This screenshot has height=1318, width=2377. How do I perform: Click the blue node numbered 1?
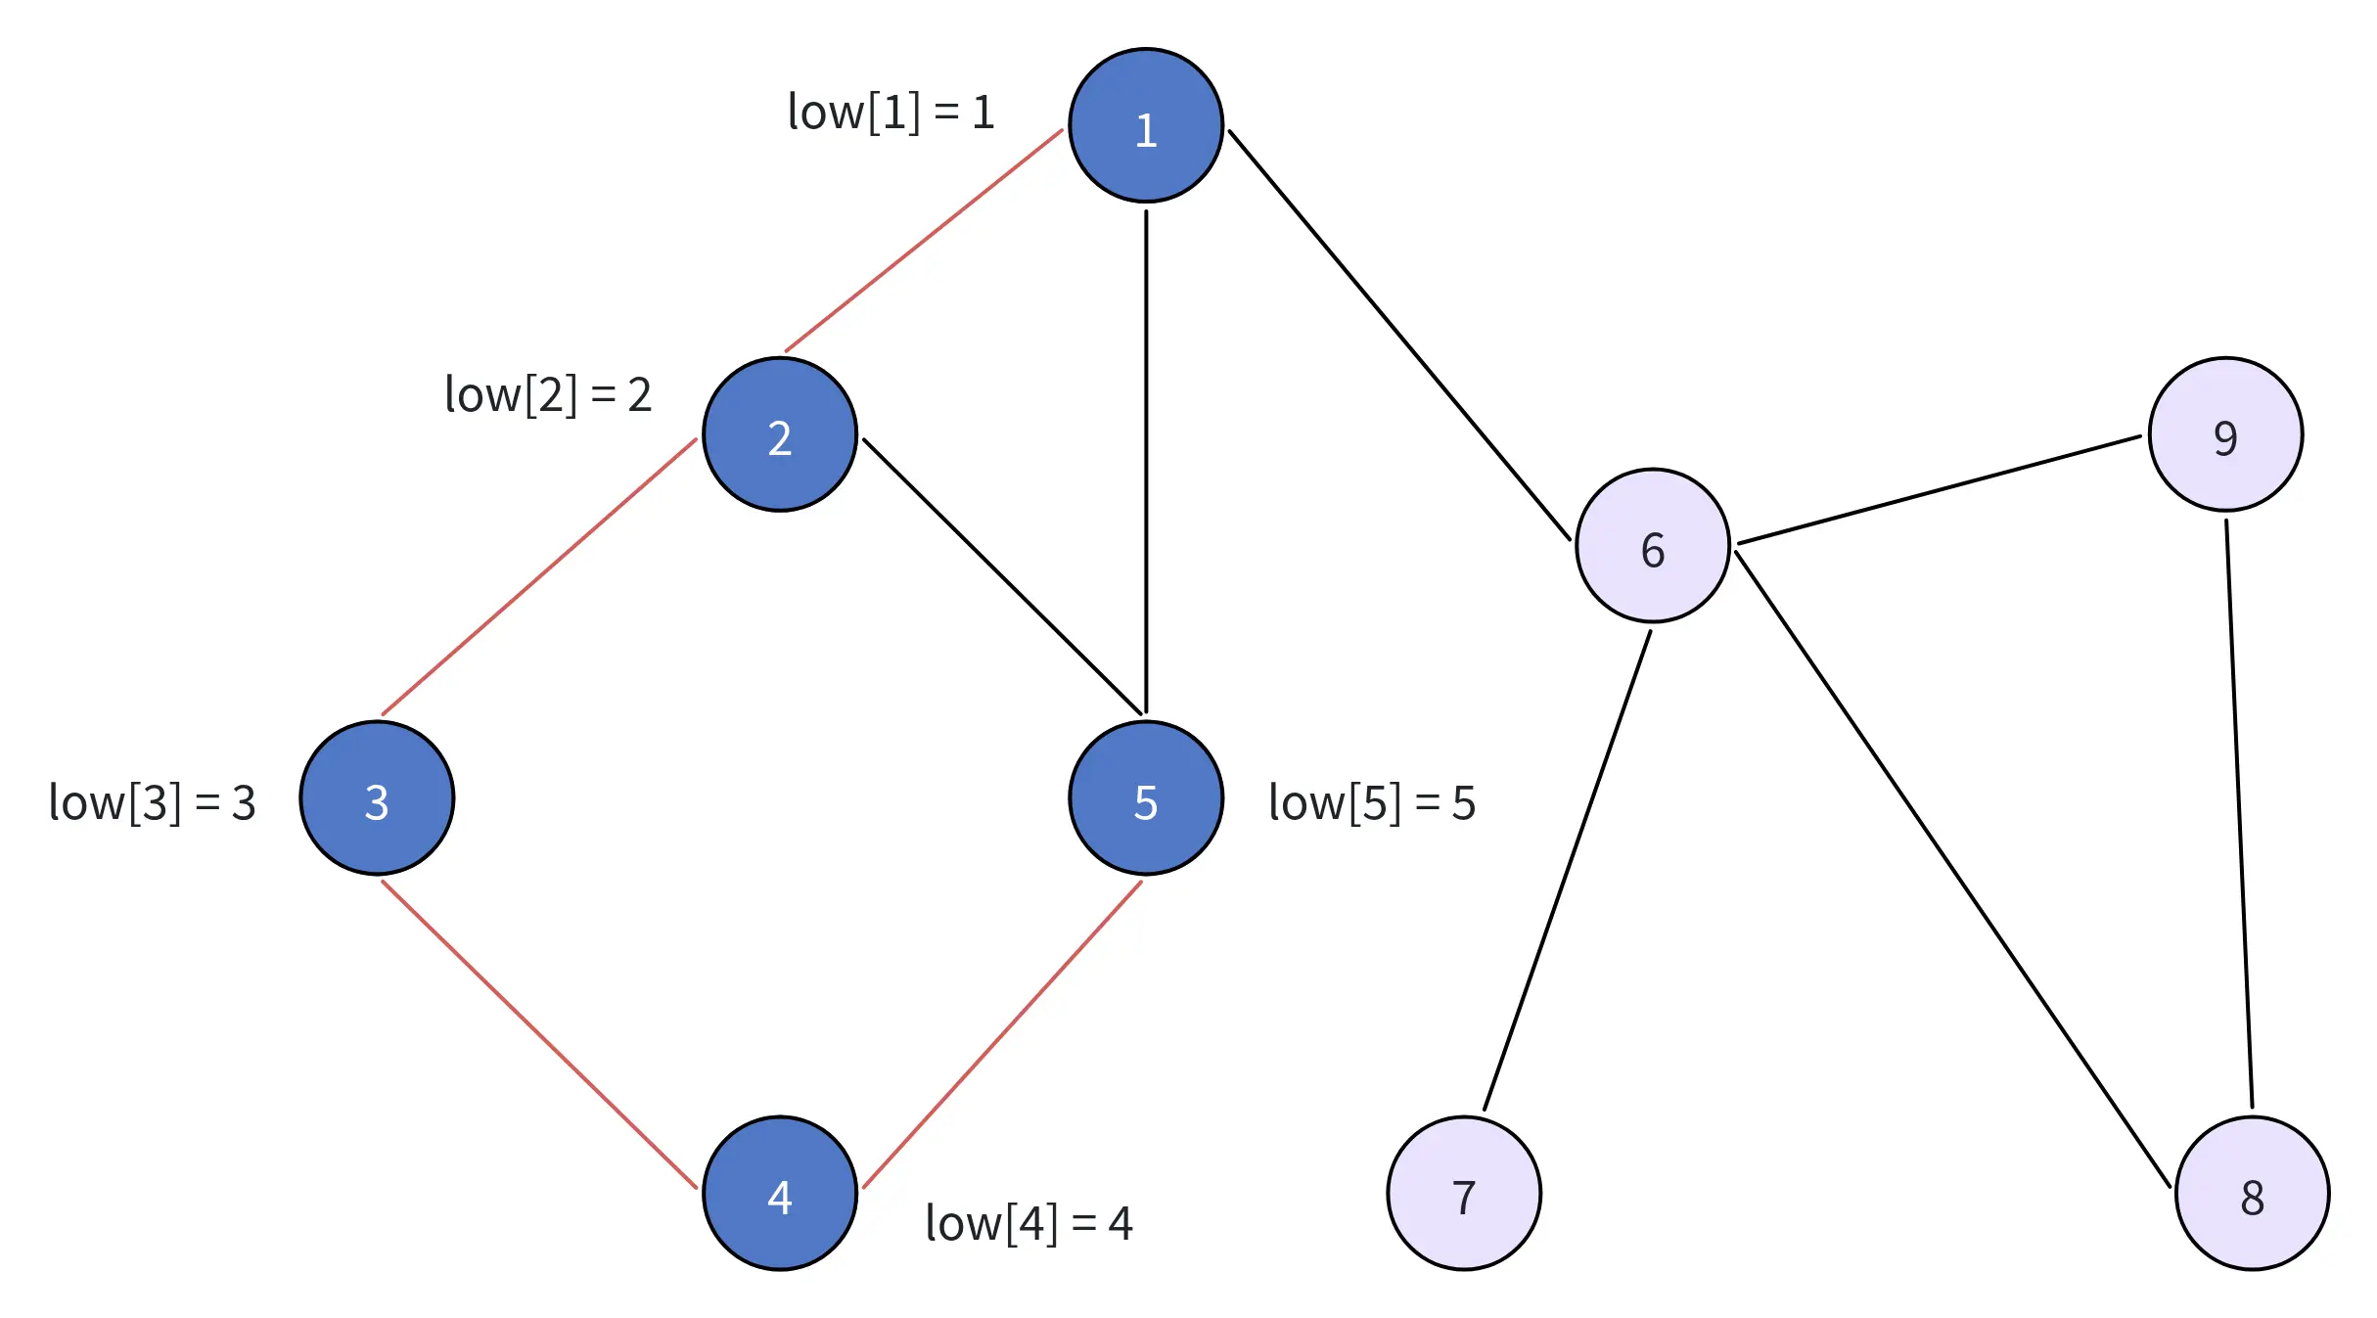(1145, 125)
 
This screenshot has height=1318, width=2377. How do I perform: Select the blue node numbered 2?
(779, 434)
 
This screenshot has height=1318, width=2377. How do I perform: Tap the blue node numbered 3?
(377, 797)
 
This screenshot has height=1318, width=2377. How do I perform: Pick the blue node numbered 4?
(779, 1193)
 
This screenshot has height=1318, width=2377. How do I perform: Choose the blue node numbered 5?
(1145, 797)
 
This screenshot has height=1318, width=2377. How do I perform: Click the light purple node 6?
(1652, 545)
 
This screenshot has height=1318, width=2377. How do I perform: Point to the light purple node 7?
(1463, 1193)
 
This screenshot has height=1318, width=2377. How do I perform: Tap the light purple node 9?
(2224, 434)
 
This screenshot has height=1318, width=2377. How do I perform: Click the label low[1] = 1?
(891, 112)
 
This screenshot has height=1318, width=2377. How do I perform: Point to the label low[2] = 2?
(548, 394)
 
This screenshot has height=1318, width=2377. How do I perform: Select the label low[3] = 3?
(152, 802)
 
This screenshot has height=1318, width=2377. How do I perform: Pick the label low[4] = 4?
(1029, 1223)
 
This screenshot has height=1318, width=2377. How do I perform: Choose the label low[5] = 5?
(1371, 802)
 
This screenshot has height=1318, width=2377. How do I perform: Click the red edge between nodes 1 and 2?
(924, 240)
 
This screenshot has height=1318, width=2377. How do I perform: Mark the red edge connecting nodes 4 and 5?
(1002, 1034)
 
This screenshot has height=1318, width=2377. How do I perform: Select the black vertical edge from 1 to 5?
(1146, 460)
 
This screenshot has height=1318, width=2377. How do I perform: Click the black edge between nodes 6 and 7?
(1567, 871)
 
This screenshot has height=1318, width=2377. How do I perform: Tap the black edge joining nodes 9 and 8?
(2239, 812)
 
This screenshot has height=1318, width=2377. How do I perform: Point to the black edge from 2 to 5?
(1002, 575)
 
